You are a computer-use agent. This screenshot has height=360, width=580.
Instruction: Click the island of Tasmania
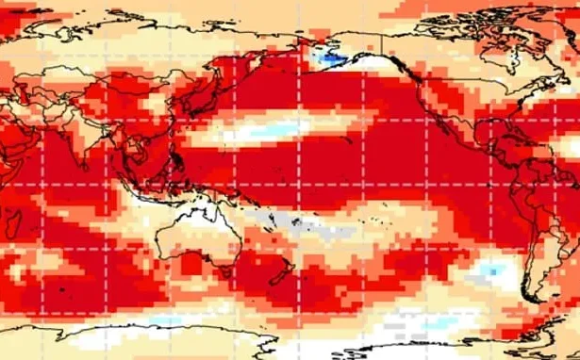click(x=224, y=280)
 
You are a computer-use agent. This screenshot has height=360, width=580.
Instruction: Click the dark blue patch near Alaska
click(x=325, y=59)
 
